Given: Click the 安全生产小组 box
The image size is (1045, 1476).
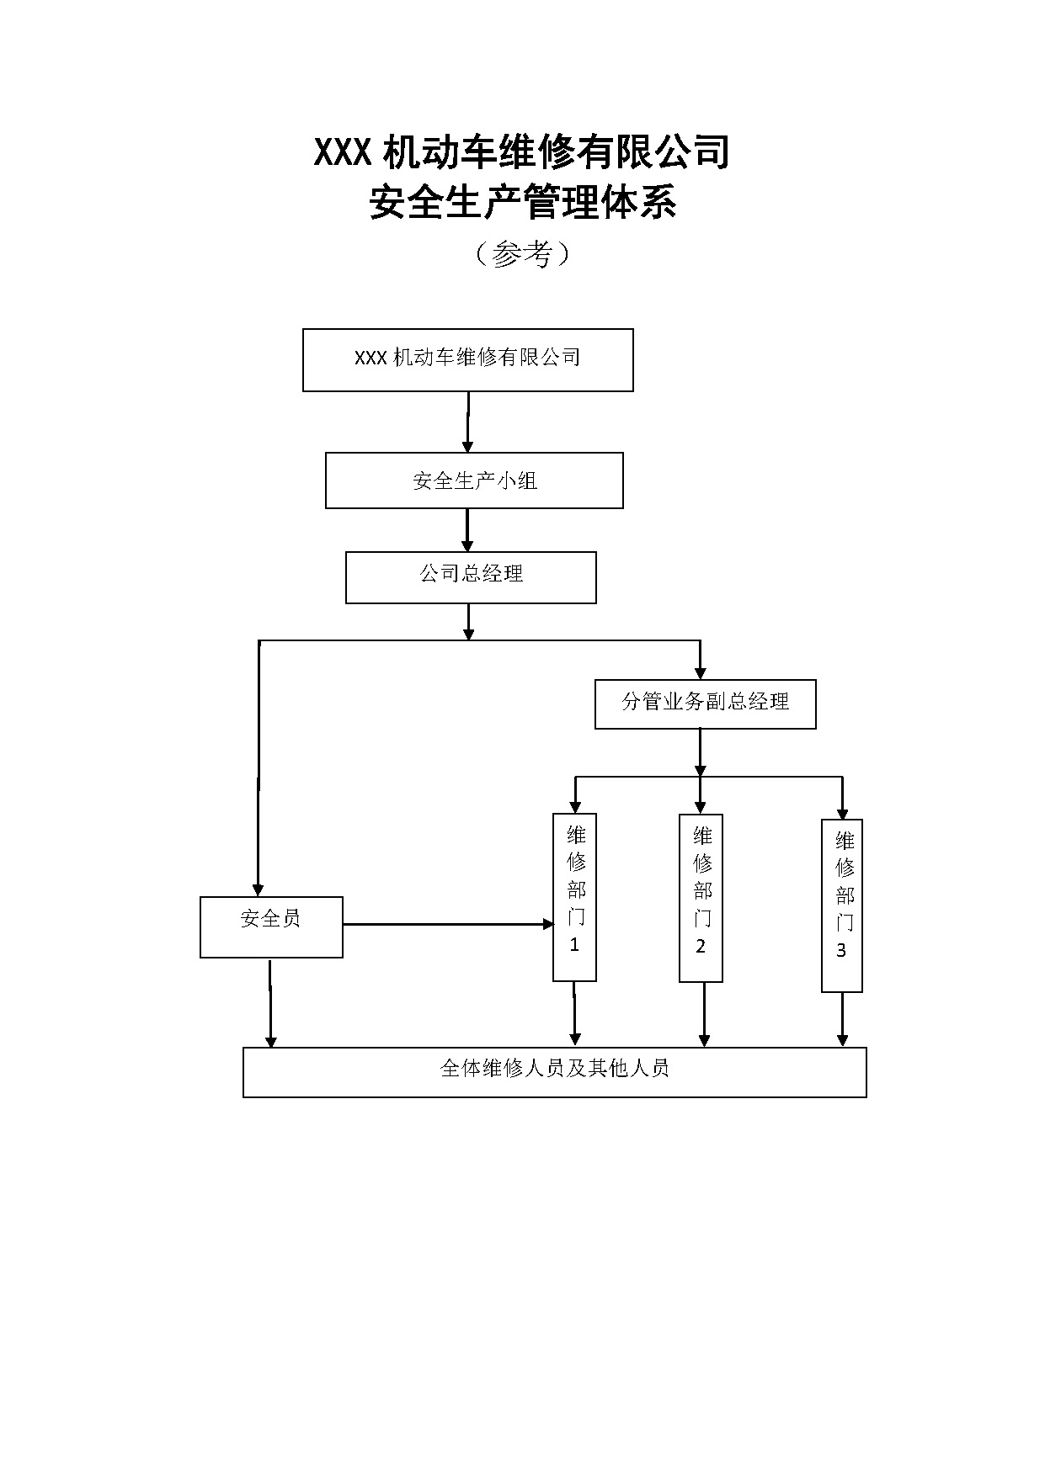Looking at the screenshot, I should point(474,480).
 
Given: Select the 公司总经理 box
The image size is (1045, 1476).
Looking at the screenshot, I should point(471,577).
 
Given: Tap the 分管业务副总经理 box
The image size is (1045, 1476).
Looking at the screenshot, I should point(705,703).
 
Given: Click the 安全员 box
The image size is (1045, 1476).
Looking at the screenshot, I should point(271,926).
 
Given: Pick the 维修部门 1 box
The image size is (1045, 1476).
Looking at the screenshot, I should point(574,896).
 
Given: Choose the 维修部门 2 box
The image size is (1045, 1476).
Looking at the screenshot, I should point(701,897).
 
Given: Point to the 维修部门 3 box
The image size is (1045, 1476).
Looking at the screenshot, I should point(841,905).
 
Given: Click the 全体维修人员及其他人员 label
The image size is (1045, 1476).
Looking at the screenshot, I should point(554,1069).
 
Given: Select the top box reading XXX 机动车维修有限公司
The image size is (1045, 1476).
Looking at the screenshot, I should point(467,359).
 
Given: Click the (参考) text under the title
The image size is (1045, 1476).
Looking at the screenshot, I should point(522,253).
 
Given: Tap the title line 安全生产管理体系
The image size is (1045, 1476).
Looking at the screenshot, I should point(522,203).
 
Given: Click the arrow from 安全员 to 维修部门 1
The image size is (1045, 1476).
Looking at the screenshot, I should point(446,924).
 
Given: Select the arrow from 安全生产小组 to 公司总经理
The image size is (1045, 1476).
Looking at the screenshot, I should point(467,530).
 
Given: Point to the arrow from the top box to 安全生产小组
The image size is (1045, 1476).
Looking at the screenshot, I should point(467,422).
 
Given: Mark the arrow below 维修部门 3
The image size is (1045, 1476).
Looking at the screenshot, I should point(842,1019).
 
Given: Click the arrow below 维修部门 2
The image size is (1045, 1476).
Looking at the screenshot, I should point(704,1015).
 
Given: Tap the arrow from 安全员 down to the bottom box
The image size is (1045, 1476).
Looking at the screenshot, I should point(270,1003).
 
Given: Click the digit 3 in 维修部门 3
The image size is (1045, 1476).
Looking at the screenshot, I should point(841,951).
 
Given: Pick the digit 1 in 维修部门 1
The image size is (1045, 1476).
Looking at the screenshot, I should point(574,944).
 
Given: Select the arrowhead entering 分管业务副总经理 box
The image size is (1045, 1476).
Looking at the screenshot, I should point(700,672).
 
